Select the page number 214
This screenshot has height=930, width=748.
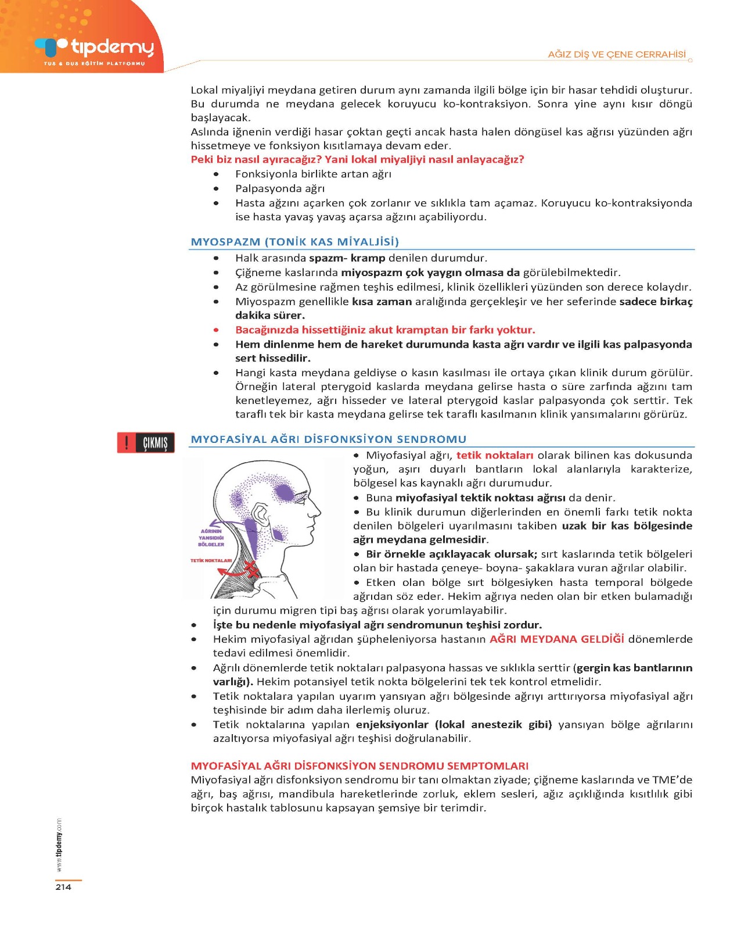point(63,887)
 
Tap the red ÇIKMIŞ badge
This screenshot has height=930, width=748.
point(146,443)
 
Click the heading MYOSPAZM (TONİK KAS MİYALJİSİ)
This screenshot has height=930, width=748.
point(294,242)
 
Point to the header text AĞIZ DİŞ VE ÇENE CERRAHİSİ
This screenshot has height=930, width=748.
point(617,55)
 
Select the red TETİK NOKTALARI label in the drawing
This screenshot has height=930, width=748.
point(211,561)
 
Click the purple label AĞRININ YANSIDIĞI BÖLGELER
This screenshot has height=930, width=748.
point(211,538)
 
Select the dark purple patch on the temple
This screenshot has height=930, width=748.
point(284,492)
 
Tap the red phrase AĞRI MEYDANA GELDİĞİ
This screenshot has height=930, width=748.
point(556,639)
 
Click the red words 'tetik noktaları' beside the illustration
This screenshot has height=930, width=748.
point(495,456)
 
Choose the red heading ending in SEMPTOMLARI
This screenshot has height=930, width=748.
point(359,766)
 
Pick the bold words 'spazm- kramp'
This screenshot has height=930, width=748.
point(347,258)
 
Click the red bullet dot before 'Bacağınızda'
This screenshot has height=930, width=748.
point(216,330)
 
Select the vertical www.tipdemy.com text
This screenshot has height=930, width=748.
point(59,845)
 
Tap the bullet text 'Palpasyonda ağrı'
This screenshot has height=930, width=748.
point(280,188)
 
